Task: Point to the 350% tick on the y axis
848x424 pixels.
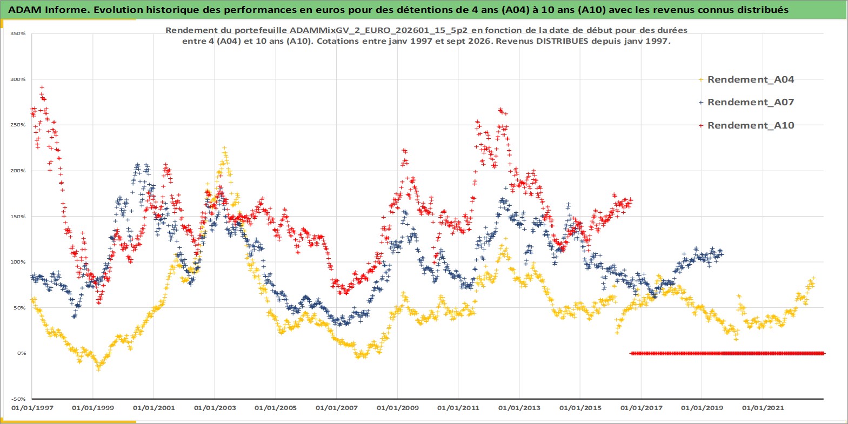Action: [x=18, y=33]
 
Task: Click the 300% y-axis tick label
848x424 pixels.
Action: [x=18, y=79]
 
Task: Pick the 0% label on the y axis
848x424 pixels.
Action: [x=22, y=353]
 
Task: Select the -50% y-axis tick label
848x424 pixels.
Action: [x=18, y=399]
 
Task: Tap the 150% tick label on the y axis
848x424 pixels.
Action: [x=18, y=217]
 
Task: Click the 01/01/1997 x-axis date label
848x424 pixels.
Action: [x=32, y=408]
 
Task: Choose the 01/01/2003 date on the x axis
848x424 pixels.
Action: [x=215, y=408]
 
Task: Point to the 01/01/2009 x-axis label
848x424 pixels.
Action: [x=397, y=408]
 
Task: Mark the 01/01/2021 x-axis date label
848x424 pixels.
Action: [x=763, y=408]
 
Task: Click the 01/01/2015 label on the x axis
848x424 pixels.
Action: [x=580, y=408]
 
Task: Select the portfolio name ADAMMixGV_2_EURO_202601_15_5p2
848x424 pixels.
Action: [x=378, y=30]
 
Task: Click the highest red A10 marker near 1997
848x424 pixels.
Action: [x=42, y=88]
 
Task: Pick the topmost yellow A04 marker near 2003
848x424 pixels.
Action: [x=224, y=149]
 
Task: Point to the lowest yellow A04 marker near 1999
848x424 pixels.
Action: [x=98, y=369]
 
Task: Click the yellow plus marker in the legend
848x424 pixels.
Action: [x=701, y=80]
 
